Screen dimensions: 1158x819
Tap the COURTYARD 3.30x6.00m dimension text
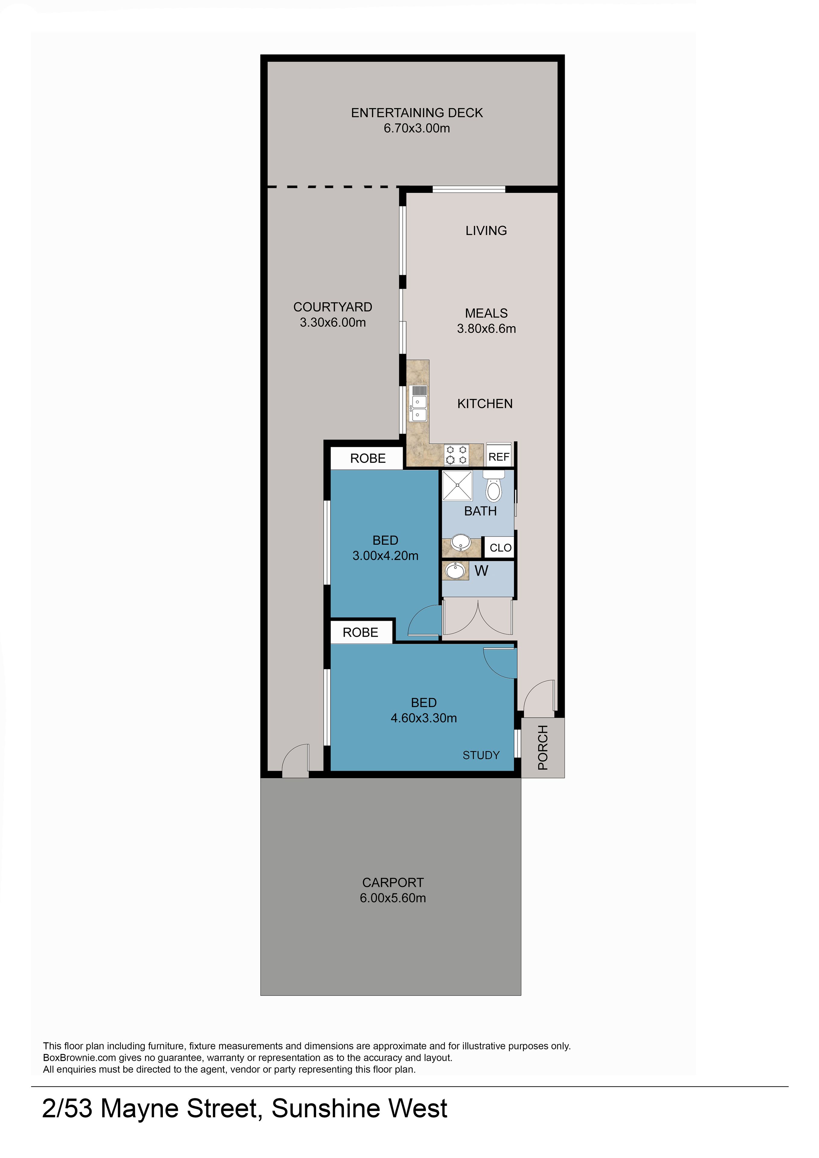[333, 322]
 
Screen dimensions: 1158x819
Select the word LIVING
[486, 230]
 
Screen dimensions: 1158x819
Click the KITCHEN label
[485, 404]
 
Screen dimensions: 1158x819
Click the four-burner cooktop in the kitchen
[456, 455]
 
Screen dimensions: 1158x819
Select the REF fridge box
[499, 456]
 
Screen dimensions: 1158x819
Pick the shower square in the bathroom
[457, 485]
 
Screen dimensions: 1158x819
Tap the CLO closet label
[500, 548]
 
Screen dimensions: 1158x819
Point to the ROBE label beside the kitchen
[368, 458]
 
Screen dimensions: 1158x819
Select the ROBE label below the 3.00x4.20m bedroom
[360, 633]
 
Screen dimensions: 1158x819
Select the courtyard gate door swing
[296, 760]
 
